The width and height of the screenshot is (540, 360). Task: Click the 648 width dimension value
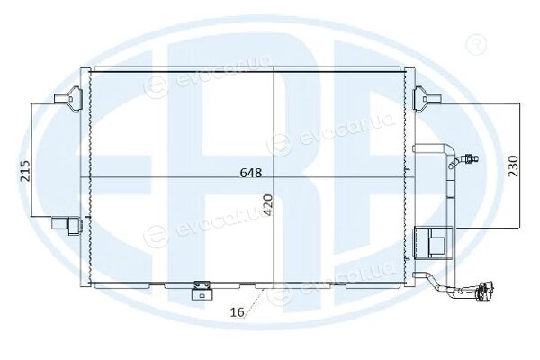coord(251,173)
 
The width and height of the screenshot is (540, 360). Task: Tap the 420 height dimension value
coord(268,205)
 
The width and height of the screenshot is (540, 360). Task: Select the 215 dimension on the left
coord(25,171)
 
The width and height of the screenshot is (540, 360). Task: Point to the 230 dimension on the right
coord(513,166)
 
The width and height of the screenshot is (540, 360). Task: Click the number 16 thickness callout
coord(238,312)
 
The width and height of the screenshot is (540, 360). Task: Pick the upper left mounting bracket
coord(68,99)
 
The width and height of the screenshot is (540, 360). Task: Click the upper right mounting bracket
coord(427,99)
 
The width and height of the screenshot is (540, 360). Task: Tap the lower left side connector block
coord(67,225)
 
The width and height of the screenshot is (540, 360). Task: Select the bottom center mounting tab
coord(202,291)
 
